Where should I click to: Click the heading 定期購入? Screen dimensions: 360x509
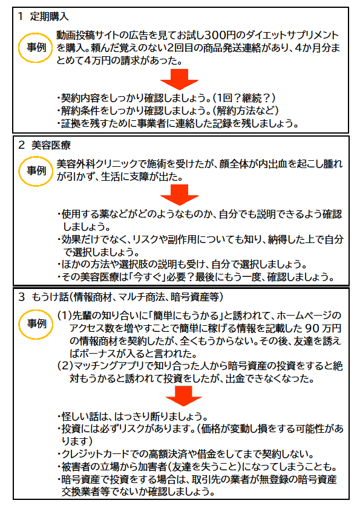click(50, 16)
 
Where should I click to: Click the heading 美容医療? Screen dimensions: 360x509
click(51, 145)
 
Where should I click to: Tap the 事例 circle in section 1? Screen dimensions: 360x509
click(36, 47)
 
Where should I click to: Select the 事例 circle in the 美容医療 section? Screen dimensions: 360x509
click(36, 170)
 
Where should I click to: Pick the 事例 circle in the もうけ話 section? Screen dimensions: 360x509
click(36, 323)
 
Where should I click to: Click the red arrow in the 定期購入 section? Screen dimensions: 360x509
click(179, 79)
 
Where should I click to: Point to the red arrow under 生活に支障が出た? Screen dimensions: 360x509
click(179, 195)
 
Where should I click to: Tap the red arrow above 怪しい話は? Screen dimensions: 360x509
click(183, 396)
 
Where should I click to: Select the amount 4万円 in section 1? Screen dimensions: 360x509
click(97, 60)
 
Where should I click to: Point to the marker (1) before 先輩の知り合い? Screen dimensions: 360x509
click(64, 315)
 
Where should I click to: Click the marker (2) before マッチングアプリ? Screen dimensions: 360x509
click(65, 366)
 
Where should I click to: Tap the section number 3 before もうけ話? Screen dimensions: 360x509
click(22, 297)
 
